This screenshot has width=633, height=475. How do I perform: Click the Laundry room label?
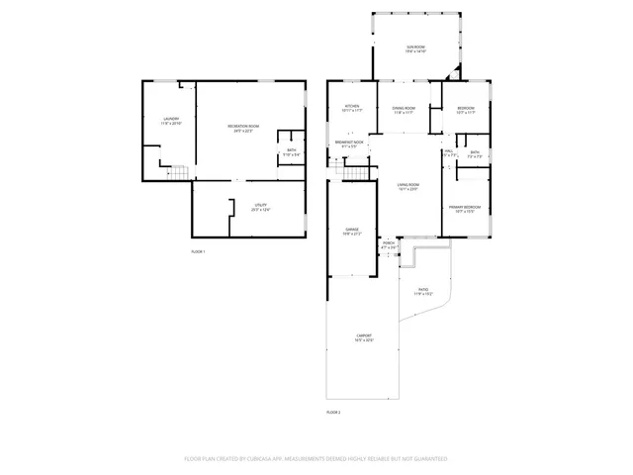pos(171,121)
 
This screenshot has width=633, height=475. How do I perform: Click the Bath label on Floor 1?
pos(291,151)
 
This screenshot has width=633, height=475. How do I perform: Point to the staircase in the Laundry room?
pos(175,175)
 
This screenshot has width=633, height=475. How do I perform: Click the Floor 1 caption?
pos(198,252)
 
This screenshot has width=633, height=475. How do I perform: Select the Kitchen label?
pos(351,109)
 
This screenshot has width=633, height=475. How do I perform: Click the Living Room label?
pos(405,187)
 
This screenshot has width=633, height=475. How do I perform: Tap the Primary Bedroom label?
pos(462,209)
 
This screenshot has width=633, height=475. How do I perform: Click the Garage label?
pos(351,232)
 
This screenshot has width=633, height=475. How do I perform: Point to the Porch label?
pos(389,244)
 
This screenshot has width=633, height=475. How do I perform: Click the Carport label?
pos(364,337)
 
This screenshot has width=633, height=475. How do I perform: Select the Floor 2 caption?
pos(333,411)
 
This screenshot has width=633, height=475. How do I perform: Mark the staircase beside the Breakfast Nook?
pos(355,175)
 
